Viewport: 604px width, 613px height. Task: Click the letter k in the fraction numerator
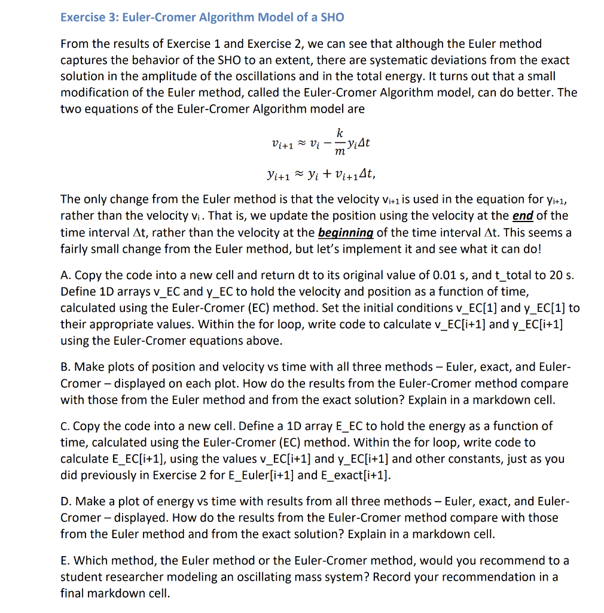(x=340, y=132)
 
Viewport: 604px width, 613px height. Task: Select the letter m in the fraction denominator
(x=340, y=154)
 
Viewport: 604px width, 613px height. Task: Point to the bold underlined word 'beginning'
(x=335, y=232)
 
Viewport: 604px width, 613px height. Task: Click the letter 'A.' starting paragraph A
(x=66, y=275)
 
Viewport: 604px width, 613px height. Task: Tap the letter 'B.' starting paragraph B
(x=66, y=366)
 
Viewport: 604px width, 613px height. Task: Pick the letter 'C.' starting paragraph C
(x=66, y=426)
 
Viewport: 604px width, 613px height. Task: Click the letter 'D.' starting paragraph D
(x=66, y=500)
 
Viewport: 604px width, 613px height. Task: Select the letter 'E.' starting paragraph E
(x=66, y=560)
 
